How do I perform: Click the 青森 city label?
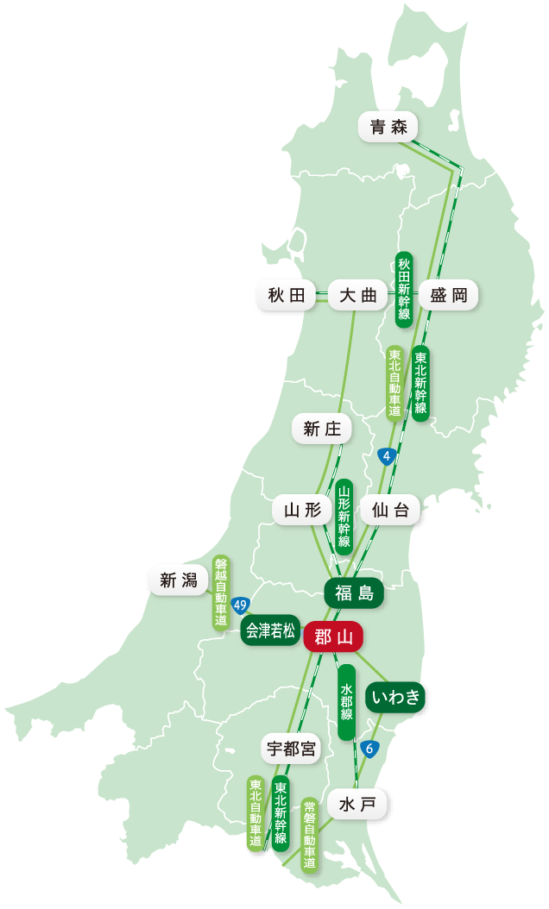(388, 128)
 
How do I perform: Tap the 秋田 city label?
(287, 295)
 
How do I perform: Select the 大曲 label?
(358, 295)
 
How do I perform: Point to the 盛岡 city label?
(448, 295)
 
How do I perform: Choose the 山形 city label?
(302, 510)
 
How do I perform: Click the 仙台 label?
(389, 510)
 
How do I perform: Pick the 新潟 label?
(179, 580)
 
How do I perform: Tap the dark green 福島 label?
(354, 592)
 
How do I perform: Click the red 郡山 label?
(333, 636)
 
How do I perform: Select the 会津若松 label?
(270, 630)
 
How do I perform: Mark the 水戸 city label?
(357, 805)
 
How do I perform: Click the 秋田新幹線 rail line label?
(404, 290)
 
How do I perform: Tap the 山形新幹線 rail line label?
(344, 515)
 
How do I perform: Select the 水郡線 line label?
(346, 702)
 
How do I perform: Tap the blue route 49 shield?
(241, 605)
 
